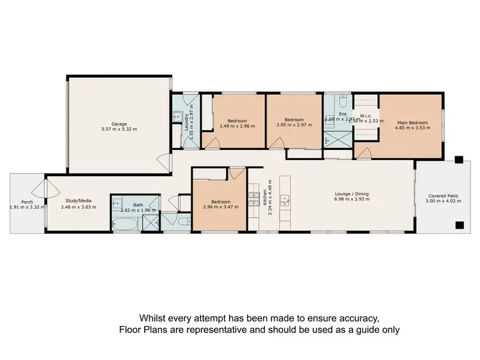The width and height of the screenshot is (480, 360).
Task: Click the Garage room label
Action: tap(118, 124)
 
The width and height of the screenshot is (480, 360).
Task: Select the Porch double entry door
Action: tap(40, 188)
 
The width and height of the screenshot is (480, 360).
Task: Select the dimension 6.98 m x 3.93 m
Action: tap(352, 199)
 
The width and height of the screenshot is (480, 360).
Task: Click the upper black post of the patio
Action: tap(459, 161)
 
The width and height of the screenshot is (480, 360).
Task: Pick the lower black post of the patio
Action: tap(459, 225)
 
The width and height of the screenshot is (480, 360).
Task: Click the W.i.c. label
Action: tap(366, 116)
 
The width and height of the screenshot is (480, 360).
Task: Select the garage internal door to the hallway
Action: tap(165, 161)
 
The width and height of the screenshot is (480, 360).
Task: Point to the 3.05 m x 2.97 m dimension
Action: tap(294, 126)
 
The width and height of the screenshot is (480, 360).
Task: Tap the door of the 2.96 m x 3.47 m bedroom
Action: tap(237, 174)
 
